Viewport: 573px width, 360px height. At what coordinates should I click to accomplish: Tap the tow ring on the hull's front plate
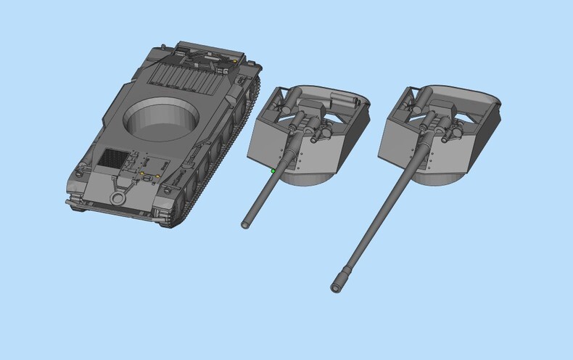click(117, 197)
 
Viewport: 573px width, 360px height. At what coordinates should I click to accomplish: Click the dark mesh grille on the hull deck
click(113, 157)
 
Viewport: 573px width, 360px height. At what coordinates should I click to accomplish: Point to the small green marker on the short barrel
click(273, 171)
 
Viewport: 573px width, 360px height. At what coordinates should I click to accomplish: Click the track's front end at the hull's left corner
click(76, 203)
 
